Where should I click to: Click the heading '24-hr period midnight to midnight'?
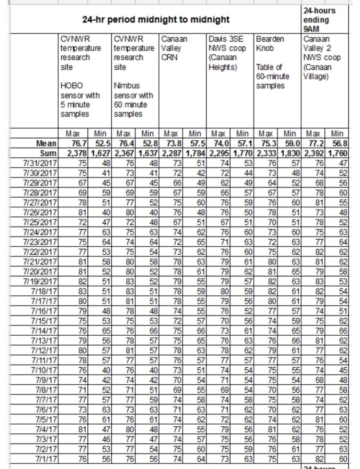point(156,20)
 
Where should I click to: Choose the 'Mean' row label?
point(45,143)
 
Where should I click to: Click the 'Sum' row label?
point(47,152)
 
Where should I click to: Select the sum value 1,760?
point(339,152)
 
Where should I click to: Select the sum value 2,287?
point(171,152)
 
